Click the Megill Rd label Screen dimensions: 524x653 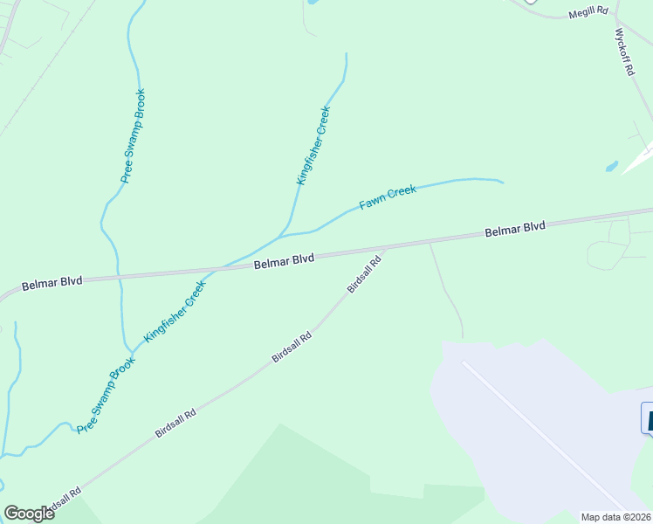point(587,14)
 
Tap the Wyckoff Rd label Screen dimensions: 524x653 point(623,52)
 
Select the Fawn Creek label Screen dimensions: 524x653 point(388,198)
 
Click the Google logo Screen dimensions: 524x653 point(29,514)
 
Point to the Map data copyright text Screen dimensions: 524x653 point(616,517)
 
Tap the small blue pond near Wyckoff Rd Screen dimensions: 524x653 point(612,166)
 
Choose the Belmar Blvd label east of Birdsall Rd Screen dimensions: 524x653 point(515,228)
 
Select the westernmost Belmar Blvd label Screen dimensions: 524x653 point(52,282)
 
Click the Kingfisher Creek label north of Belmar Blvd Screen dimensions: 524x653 point(313,146)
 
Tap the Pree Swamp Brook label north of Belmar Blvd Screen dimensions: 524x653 point(133,135)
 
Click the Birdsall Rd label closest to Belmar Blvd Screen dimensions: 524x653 point(364,274)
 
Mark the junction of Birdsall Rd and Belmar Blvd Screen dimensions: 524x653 point(386,249)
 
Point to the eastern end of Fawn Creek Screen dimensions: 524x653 point(503,183)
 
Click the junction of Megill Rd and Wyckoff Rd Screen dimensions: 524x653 point(615,17)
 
